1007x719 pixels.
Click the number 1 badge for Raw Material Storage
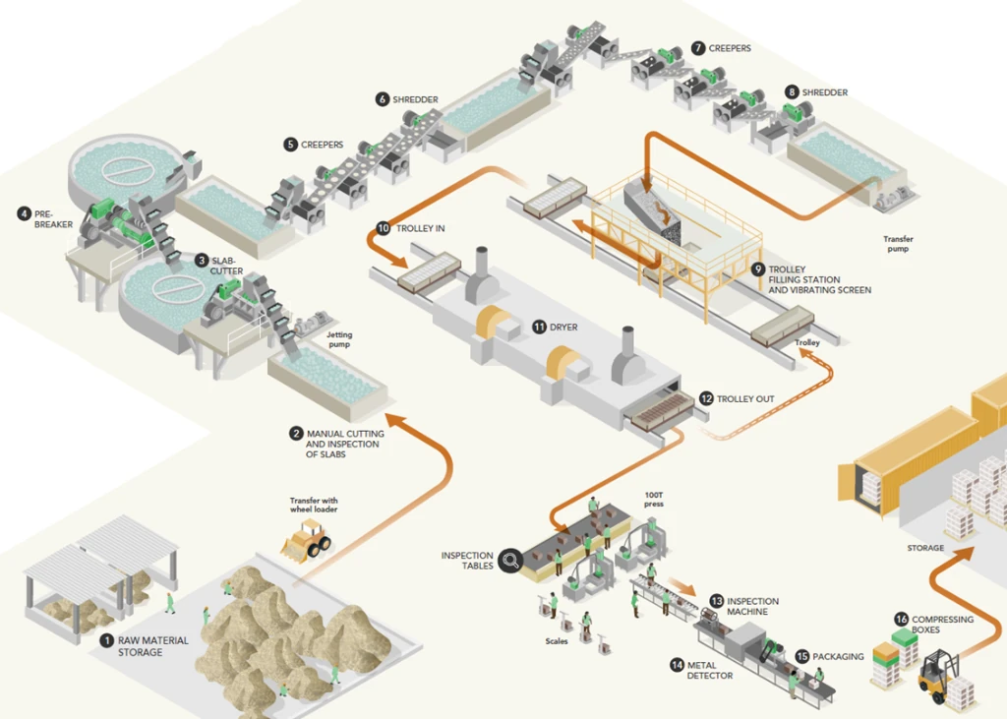pos(106,640)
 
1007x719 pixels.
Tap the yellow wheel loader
pos(307,540)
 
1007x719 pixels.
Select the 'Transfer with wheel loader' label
pos(313,505)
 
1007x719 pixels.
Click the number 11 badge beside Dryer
pos(539,327)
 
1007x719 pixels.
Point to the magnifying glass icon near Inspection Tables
pos(510,562)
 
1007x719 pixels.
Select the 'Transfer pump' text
pos(898,243)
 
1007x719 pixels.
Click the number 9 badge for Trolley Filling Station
pos(757,269)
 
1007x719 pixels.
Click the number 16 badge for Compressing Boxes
pos(901,619)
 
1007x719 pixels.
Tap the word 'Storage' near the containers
pos(925,548)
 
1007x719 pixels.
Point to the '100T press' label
pos(654,499)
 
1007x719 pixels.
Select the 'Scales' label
pos(557,641)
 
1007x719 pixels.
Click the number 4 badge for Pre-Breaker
pos(24,212)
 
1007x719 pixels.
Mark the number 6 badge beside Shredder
pos(383,99)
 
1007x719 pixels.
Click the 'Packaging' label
pos(838,656)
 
